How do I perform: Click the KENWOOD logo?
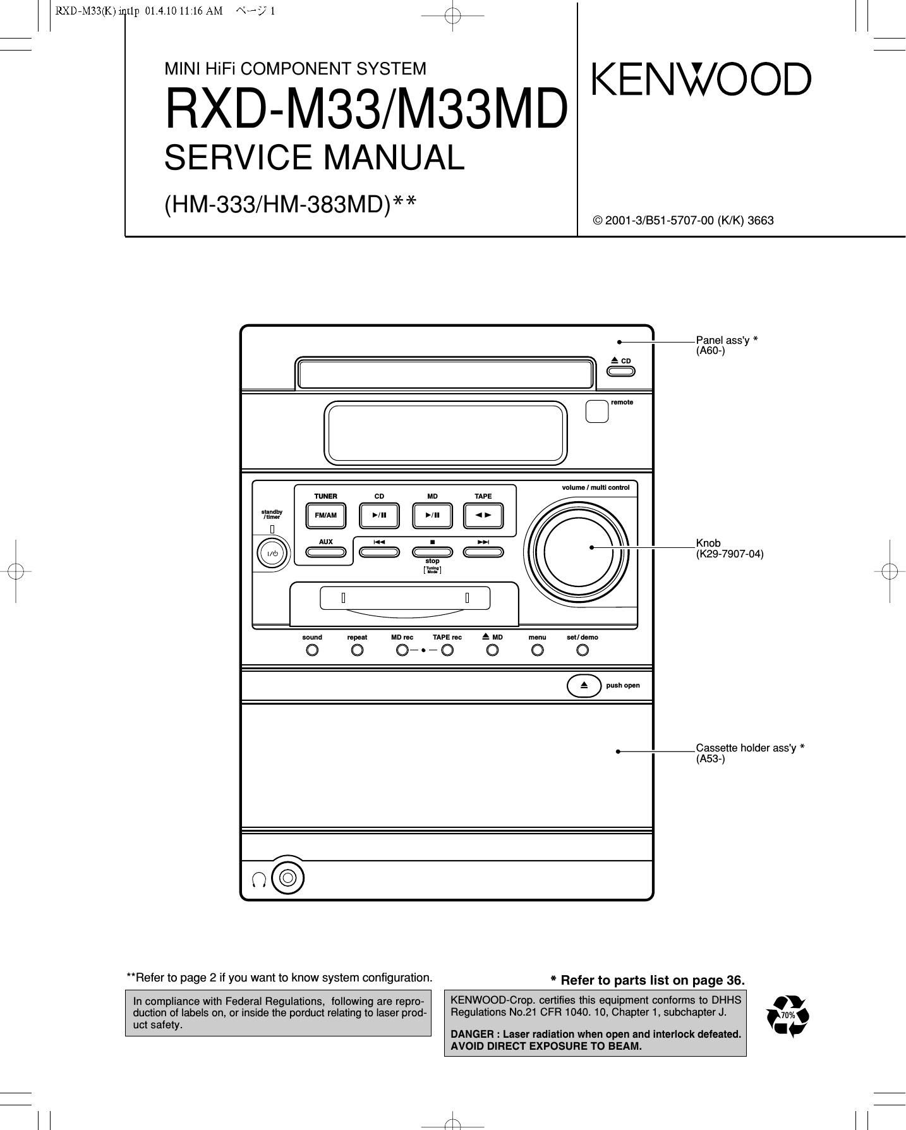click(701, 80)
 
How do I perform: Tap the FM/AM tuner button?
click(325, 515)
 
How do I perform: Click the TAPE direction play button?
click(483, 515)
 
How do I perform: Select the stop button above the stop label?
click(432, 551)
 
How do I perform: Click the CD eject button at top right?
click(621, 370)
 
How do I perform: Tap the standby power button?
click(272, 554)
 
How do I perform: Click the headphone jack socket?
click(287, 877)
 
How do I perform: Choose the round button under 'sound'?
click(312, 650)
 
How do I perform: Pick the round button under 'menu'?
click(537, 650)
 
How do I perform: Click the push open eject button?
click(584, 685)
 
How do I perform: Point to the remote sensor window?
click(596, 411)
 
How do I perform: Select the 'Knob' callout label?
click(708, 543)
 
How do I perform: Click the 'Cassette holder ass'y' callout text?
click(746, 748)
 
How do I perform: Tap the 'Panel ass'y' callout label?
click(723, 340)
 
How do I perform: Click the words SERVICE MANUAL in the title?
click(315, 158)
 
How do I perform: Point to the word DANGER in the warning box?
click(471, 1034)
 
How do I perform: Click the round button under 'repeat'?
click(357, 650)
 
